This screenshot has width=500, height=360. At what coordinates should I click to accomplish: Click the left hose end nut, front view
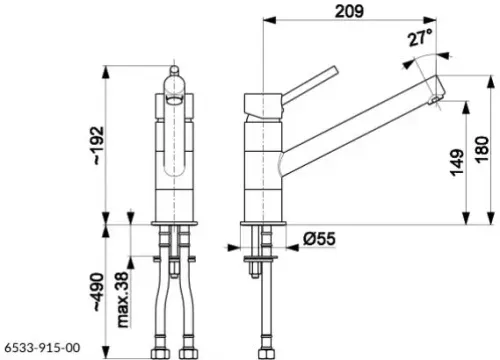pos(160,352)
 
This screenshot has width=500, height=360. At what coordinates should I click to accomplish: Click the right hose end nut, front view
pos(186,352)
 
